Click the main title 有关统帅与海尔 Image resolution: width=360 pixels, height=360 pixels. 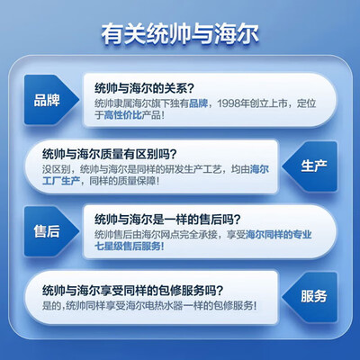click(x=179, y=37)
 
